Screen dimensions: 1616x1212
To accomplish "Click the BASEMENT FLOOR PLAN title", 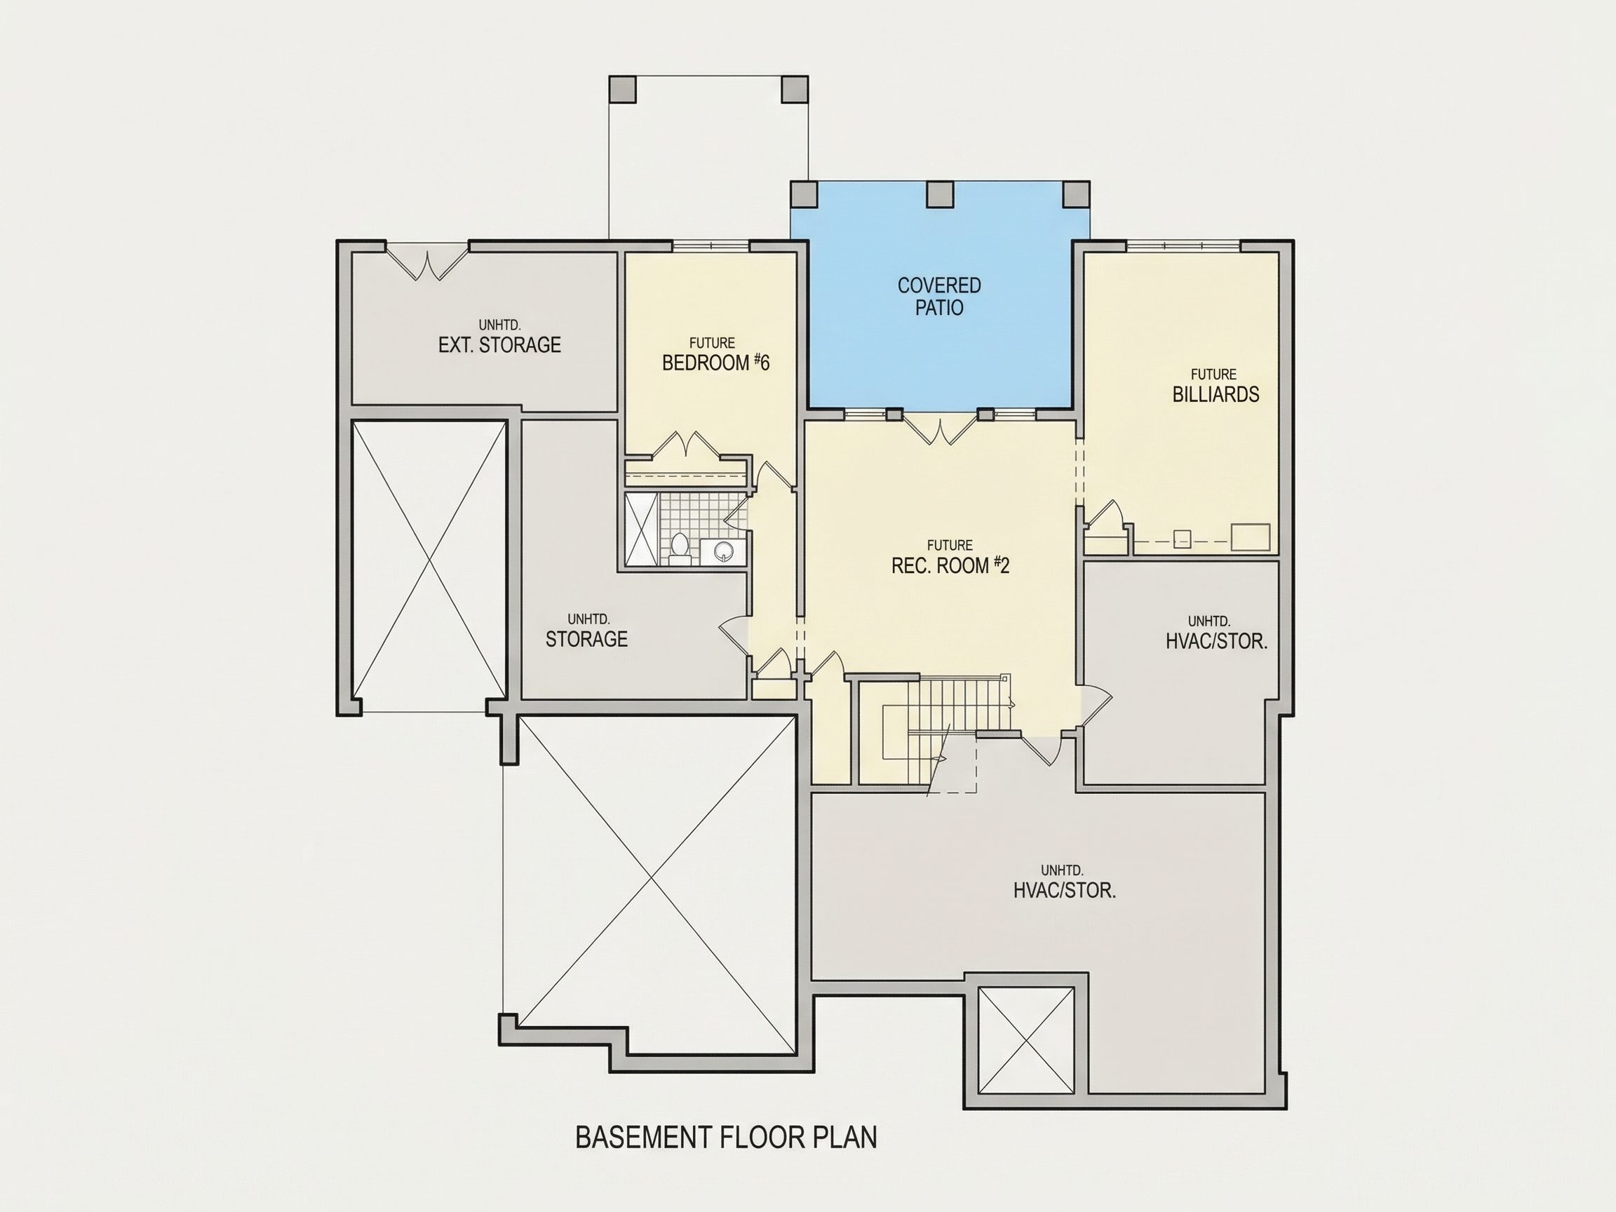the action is pyautogui.click(x=726, y=1138).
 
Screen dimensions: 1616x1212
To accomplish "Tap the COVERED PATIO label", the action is pyautogui.click(x=939, y=297).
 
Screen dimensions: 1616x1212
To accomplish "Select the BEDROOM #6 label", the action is pyautogui.click(x=716, y=363).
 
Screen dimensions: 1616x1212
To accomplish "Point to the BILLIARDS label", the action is pyautogui.click(x=1216, y=394).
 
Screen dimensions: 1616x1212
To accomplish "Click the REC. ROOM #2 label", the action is pyautogui.click(x=950, y=565).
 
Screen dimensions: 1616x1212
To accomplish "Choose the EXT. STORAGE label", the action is pyautogui.click(x=499, y=345).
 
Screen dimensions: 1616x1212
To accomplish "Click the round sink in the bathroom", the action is pyautogui.click(x=722, y=551).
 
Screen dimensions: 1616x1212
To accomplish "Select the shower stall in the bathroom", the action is pyautogui.click(x=642, y=528).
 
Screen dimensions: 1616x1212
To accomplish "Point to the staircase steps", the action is pyautogui.click(x=957, y=704).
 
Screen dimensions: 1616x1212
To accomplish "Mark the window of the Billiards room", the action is pyautogui.click(x=1183, y=246).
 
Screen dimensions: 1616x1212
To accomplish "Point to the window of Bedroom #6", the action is pyautogui.click(x=711, y=246).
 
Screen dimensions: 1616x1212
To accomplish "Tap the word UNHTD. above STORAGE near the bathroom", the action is pyautogui.click(x=589, y=619).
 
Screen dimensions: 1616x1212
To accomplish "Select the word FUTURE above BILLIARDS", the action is pyautogui.click(x=1213, y=374).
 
